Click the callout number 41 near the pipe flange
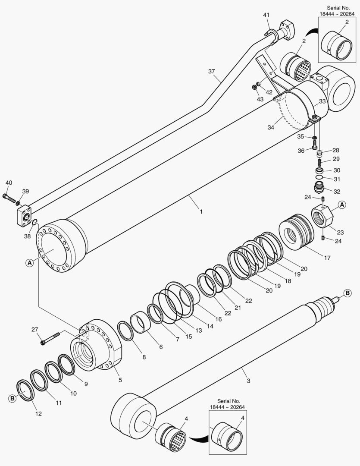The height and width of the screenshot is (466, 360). click(x=266, y=15)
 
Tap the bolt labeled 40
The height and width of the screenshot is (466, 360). click(x=9, y=198)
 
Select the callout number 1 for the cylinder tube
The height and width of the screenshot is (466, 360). click(x=201, y=212)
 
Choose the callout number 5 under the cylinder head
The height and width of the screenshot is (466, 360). click(x=120, y=380)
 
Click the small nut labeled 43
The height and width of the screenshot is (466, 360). click(x=255, y=88)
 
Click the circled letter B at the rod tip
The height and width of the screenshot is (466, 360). click(x=347, y=293)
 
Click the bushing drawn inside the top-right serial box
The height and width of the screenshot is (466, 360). click(x=338, y=44)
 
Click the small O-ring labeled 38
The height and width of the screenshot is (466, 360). click(x=34, y=222)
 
